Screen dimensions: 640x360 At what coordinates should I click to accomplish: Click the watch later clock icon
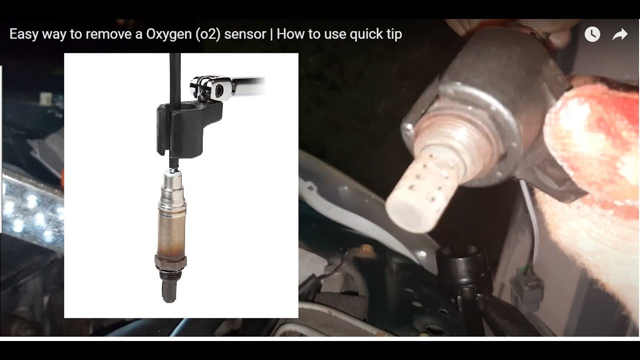(592, 34)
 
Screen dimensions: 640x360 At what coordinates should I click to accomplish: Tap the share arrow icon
(620, 34)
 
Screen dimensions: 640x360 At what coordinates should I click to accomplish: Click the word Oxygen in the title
(169, 34)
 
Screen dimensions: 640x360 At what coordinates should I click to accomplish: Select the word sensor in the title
(245, 34)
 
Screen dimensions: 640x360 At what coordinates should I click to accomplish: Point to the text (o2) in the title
(208, 34)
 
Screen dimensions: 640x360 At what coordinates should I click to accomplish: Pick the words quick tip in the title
(375, 34)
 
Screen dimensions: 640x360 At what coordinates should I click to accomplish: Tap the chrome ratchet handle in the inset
(248, 84)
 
